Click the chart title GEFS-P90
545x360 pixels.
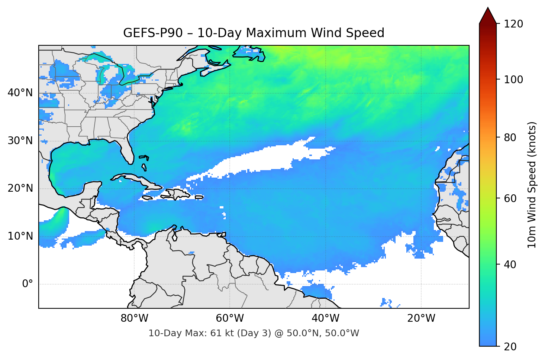pyautogui.click(x=254, y=33)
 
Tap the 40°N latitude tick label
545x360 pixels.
pyautogui.click(x=20, y=93)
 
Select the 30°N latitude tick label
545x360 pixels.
pyautogui.click(x=20, y=141)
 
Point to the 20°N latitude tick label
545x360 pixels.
pyautogui.click(x=20, y=188)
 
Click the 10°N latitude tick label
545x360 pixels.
pyautogui.click(x=20, y=236)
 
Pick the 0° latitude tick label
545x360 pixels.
pyautogui.click(x=28, y=284)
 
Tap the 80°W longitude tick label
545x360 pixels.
pyautogui.click(x=135, y=318)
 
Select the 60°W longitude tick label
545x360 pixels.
pyautogui.click(x=230, y=318)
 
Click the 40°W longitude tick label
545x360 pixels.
pyautogui.click(x=326, y=318)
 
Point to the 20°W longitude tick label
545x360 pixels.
pyautogui.click(x=421, y=318)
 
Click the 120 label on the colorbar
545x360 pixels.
pyautogui.click(x=513, y=24)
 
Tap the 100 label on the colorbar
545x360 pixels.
pyautogui.click(x=513, y=80)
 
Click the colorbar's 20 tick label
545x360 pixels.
pyautogui.click(x=510, y=347)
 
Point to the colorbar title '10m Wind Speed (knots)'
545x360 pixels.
pyautogui.click(x=532, y=185)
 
